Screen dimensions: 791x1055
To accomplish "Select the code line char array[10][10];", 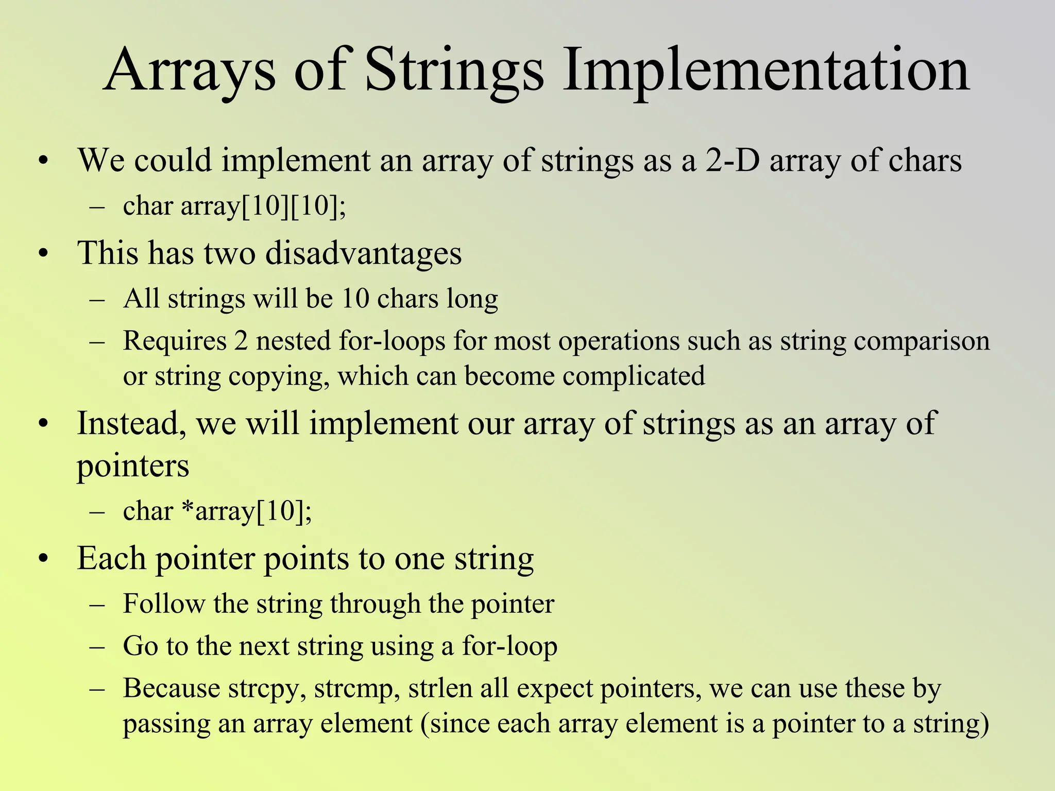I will pos(234,206).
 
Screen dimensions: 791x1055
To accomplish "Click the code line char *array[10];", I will pos(217,511).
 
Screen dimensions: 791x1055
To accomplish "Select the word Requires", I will pos(175,341).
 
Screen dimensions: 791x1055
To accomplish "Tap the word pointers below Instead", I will pos(133,466).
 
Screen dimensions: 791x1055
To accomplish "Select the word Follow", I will pos(164,604).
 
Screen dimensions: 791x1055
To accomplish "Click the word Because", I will pos(171,688).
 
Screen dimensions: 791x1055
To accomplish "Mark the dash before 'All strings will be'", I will pos(97,300).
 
